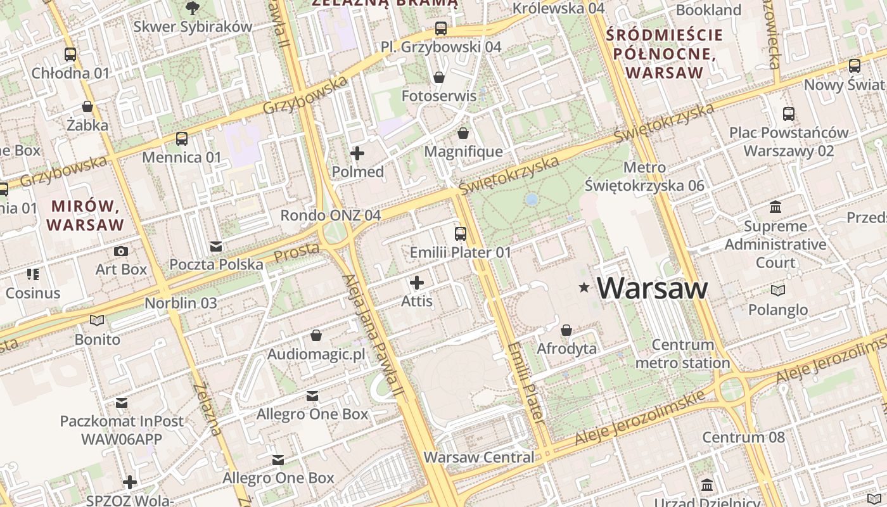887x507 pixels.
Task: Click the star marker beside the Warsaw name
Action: pyautogui.click(x=584, y=288)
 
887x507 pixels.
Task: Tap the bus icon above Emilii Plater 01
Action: pyautogui.click(x=461, y=234)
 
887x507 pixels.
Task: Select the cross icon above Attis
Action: pyautogui.click(x=417, y=283)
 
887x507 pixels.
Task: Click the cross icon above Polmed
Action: pyautogui.click(x=357, y=153)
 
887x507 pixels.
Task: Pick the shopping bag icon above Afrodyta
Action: pyautogui.click(x=566, y=330)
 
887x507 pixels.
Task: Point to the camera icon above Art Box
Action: pyautogui.click(x=121, y=252)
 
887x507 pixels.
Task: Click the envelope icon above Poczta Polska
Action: pyautogui.click(x=216, y=247)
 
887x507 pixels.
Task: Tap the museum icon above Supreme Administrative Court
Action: pyautogui.click(x=775, y=207)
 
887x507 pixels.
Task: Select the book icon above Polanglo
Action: pyautogui.click(x=778, y=290)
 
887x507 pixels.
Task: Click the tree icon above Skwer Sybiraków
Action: pyautogui.click(x=192, y=8)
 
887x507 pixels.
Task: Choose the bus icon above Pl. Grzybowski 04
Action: pyautogui.click(x=441, y=29)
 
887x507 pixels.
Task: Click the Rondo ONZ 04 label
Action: pyautogui.click(x=331, y=215)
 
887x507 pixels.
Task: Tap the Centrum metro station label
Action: pyautogui.click(x=682, y=354)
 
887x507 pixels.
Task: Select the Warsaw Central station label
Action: pyautogui.click(x=479, y=457)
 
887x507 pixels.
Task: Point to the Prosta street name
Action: pyautogui.click(x=297, y=252)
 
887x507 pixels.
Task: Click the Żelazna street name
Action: pyautogui.click(x=208, y=409)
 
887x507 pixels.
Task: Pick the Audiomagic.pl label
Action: pyautogui.click(x=317, y=354)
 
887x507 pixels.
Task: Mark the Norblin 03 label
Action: pyautogui.click(x=181, y=303)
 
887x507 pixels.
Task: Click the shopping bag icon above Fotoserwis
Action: pyautogui.click(x=438, y=77)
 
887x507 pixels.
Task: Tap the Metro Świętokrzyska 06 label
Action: pyautogui.click(x=644, y=177)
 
